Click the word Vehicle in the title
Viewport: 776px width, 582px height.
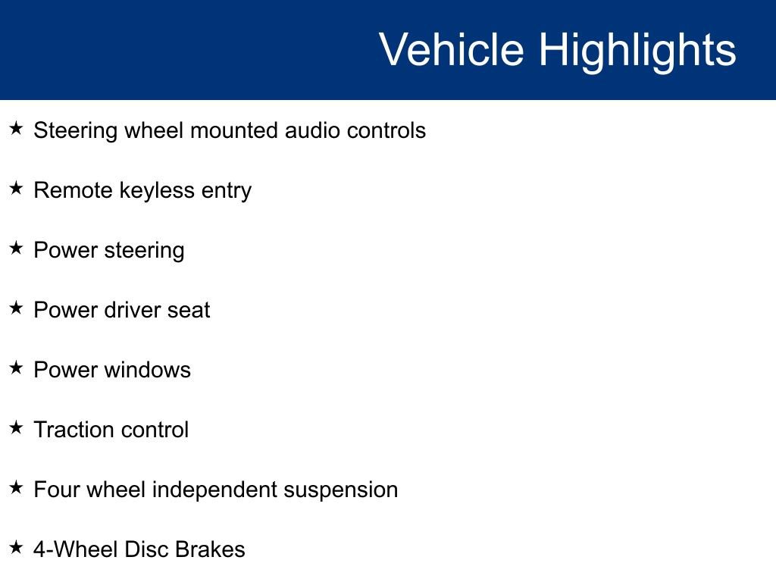point(451,50)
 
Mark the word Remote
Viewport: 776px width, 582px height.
point(74,190)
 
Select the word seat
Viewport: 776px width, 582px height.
point(189,310)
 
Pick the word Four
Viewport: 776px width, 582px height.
point(57,490)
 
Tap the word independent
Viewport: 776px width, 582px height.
point(214,490)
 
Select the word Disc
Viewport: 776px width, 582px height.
point(145,549)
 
